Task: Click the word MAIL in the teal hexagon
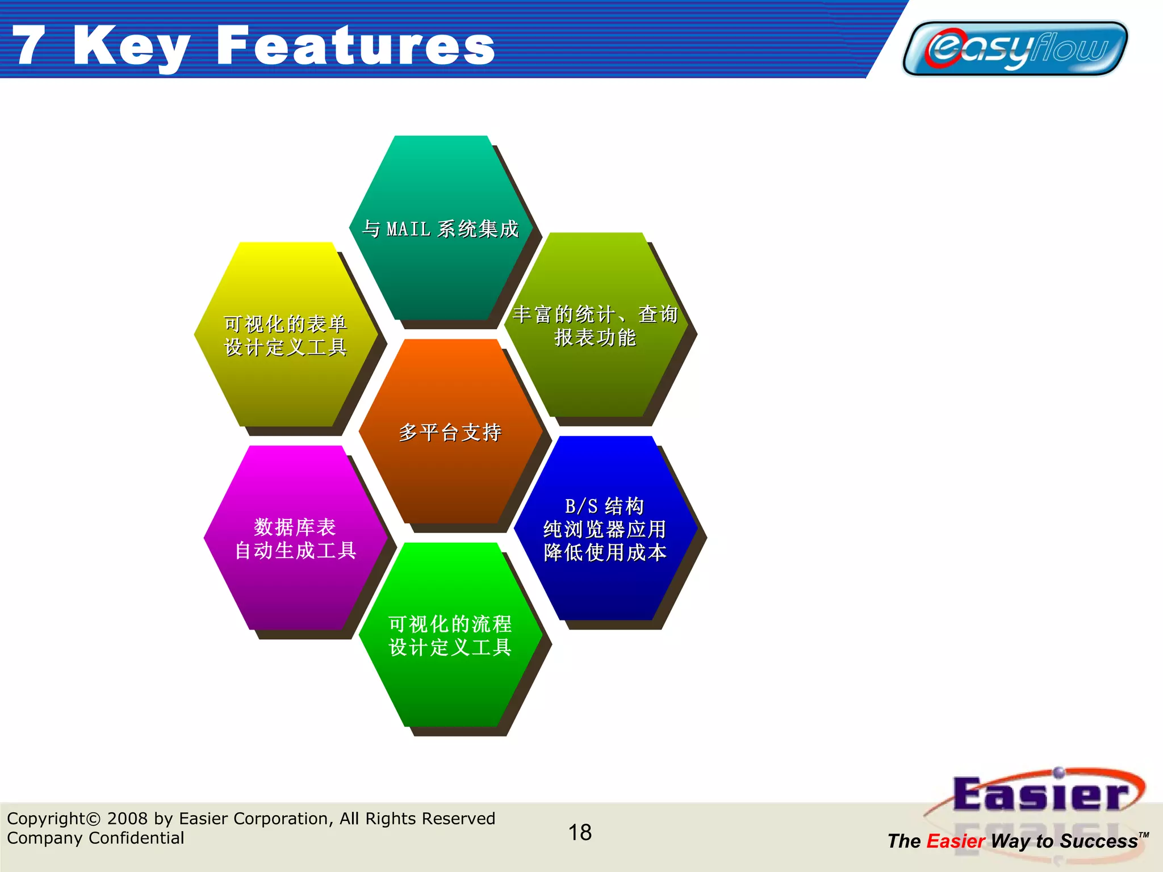click(408, 229)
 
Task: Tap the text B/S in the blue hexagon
click(581, 506)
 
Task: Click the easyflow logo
click(1015, 48)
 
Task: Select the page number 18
click(580, 832)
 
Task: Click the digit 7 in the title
click(28, 45)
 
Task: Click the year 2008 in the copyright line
click(128, 819)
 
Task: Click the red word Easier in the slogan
click(956, 841)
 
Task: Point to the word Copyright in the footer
click(45, 819)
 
